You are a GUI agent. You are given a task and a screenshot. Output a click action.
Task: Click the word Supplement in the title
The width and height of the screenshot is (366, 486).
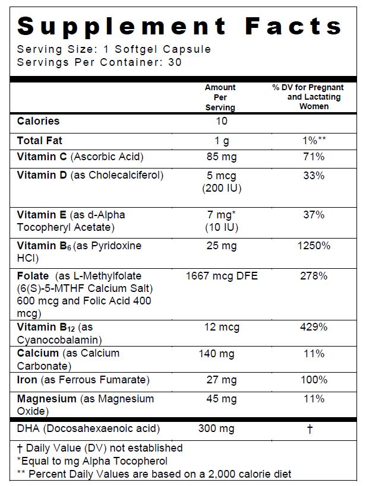coord(122,27)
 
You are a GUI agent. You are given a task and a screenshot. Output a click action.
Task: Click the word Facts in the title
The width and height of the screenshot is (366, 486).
coord(294,27)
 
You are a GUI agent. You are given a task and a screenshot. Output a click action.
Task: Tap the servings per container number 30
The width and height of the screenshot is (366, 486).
coord(175,62)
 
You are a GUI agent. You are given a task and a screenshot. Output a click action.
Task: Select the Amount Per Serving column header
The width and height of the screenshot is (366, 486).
coord(220,97)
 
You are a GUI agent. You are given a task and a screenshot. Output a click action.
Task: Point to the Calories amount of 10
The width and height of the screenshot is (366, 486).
coord(220,121)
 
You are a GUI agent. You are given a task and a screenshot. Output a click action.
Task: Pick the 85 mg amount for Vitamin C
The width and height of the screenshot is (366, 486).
coord(220,157)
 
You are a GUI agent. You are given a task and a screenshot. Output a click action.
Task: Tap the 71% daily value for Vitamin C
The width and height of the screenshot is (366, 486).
coord(314,157)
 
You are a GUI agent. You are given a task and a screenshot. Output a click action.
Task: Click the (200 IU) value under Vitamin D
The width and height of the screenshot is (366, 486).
coord(220,189)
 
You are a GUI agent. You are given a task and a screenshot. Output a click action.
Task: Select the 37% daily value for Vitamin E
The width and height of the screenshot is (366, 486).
coord(314,215)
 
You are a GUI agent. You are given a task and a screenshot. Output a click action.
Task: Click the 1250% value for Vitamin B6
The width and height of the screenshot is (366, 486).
coord(314,246)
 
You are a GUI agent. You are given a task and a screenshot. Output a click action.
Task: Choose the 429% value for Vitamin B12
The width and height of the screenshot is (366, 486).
coord(314,327)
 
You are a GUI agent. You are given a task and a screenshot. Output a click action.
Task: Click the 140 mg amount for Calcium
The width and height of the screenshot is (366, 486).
coord(220,354)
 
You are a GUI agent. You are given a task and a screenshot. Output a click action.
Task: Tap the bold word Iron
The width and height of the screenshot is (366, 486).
coord(27,380)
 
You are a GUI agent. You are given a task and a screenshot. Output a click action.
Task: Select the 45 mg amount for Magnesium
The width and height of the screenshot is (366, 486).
coord(220,399)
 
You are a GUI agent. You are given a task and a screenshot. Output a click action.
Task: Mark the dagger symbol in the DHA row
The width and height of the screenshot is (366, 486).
coord(310,429)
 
